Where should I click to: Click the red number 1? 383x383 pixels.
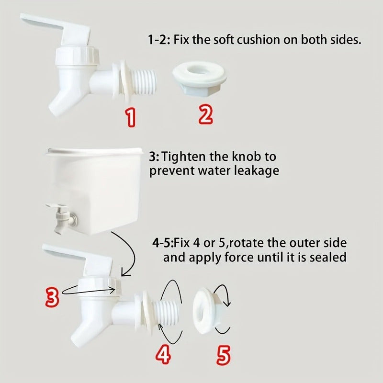(131, 118)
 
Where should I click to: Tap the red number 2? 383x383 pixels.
(205, 115)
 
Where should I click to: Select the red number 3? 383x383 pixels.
(52, 297)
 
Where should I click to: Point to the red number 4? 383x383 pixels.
(163, 355)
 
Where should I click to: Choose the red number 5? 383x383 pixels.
(223, 356)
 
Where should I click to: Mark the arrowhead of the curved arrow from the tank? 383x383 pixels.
(125, 273)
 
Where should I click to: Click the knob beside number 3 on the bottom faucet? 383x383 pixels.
(100, 286)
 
